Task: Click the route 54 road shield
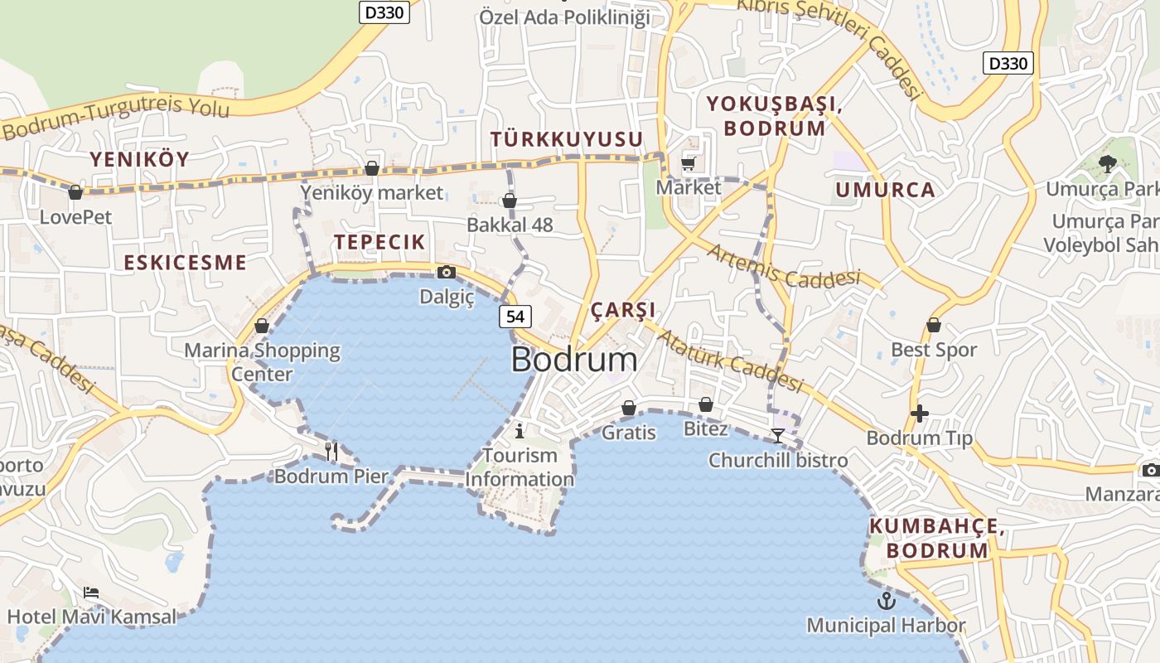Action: click(x=515, y=316)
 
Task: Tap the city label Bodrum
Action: click(x=574, y=360)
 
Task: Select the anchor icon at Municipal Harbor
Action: click(x=887, y=600)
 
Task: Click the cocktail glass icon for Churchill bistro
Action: click(x=777, y=435)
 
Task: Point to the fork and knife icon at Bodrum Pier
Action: click(x=331, y=451)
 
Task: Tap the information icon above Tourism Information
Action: click(x=520, y=431)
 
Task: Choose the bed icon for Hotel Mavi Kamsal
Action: click(x=91, y=593)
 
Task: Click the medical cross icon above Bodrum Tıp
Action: click(x=919, y=413)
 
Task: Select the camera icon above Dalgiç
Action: click(x=446, y=272)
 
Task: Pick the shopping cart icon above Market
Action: click(x=689, y=163)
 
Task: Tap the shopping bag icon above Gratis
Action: click(x=629, y=408)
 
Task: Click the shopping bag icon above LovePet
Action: click(x=75, y=192)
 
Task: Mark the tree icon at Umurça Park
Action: click(x=1106, y=164)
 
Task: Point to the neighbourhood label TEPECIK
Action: click(x=379, y=242)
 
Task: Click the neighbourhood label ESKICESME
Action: click(x=185, y=263)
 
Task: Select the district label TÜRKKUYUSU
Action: click(x=567, y=139)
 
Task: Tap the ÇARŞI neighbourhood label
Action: click(x=623, y=310)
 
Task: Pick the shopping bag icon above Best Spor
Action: click(x=934, y=325)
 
